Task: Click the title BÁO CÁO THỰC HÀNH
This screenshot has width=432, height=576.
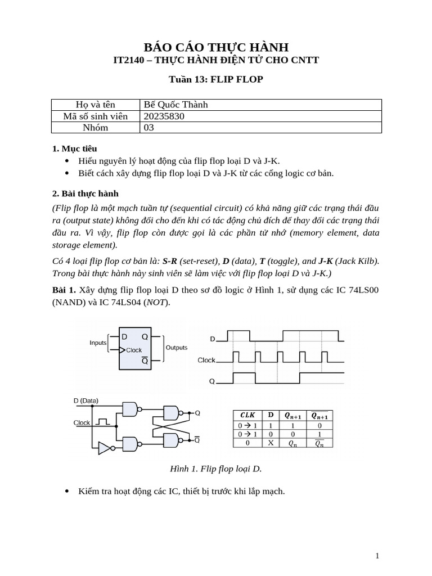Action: click(216, 47)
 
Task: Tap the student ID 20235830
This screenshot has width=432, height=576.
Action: click(164, 116)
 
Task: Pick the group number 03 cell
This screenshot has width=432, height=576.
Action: click(149, 127)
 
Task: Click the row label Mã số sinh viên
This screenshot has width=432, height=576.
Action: click(95, 116)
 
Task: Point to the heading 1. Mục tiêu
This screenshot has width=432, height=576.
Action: click(74, 148)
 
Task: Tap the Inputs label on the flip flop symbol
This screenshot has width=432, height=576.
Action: click(98, 343)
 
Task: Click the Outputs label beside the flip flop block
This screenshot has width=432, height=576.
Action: click(177, 348)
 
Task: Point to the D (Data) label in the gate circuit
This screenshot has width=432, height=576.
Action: click(86, 401)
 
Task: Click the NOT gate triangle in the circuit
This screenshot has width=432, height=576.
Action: click(104, 448)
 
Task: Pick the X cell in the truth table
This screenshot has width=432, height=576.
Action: click(271, 443)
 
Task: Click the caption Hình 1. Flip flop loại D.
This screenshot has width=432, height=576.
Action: click(216, 469)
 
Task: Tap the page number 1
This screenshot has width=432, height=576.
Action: click(377, 556)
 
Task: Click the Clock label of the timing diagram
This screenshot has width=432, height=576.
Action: click(206, 360)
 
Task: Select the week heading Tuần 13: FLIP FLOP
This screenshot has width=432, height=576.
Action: click(216, 79)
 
